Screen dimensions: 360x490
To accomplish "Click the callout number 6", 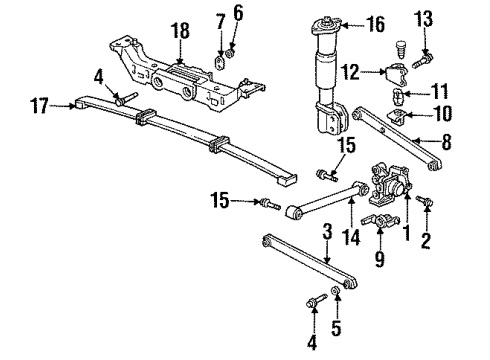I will pyautogui.click(x=238, y=13).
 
